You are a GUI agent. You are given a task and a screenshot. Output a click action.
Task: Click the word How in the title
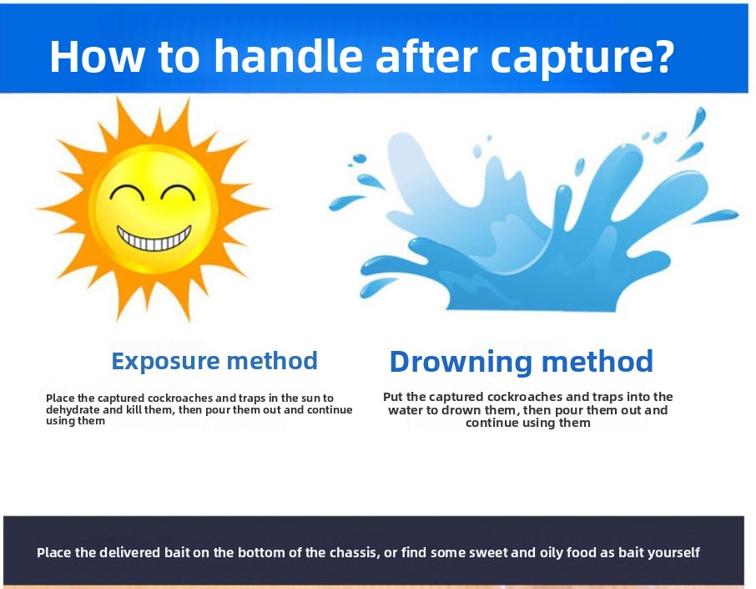(x=97, y=57)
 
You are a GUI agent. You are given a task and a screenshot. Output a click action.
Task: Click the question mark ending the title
(x=664, y=55)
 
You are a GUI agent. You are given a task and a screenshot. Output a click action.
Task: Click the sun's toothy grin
(x=154, y=237)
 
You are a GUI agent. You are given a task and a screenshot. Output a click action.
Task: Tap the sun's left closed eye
(x=127, y=193)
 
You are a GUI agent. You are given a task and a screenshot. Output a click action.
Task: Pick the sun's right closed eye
(x=178, y=193)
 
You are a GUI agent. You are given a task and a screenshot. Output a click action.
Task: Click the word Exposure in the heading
(x=166, y=362)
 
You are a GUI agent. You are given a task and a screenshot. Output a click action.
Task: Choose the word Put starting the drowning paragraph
(x=393, y=397)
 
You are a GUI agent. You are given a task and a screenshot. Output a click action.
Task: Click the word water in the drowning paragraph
(x=406, y=410)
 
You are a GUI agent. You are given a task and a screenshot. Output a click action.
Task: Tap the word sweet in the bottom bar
(x=488, y=552)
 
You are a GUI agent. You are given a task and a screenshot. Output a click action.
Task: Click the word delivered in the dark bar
(x=130, y=552)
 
